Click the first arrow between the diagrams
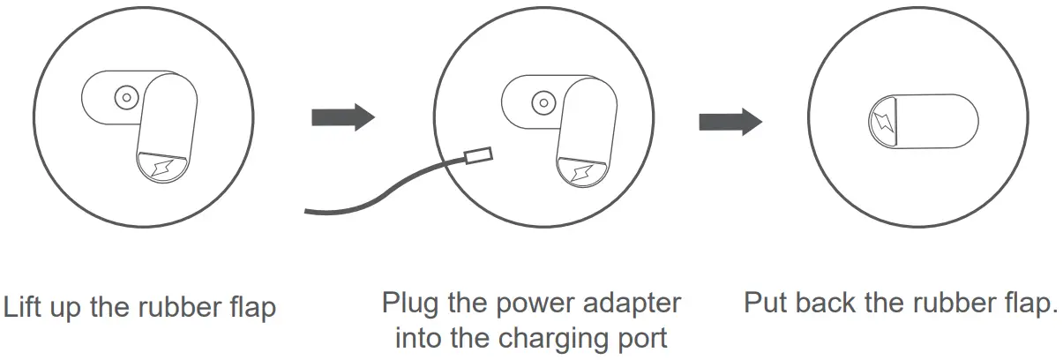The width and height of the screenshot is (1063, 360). tap(343, 118)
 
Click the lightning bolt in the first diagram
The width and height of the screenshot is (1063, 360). tap(162, 169)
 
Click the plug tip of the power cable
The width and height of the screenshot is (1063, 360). tap(477, 156)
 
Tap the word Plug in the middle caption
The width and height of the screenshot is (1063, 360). tap(409, 304)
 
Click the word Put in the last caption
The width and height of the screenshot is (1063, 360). tap(767, 303)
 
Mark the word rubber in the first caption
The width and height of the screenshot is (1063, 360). tap(175, 308)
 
